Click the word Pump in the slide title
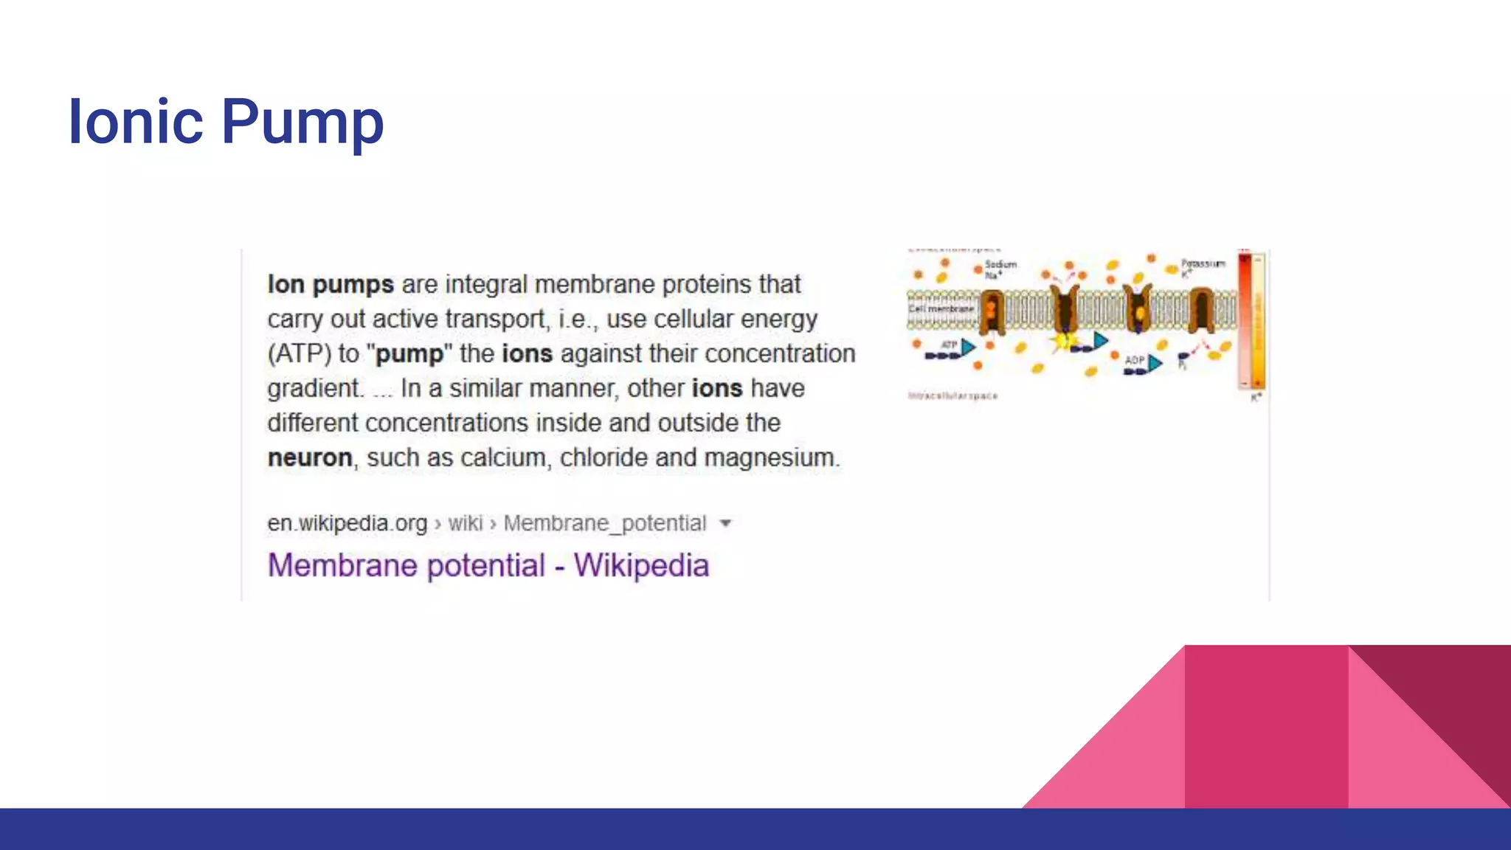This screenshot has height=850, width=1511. (x=302, y=122)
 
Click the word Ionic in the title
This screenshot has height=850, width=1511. (x=135, y=121)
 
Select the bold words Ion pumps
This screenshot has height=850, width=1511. (x=331, y=284)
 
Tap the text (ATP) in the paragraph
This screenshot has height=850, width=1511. (x=299, y=353)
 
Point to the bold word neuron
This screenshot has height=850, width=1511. (x=309, y=457)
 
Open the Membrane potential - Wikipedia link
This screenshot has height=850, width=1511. (x=488, y=566)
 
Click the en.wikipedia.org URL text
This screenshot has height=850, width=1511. (x=347, y=523)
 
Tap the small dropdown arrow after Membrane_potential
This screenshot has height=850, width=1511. (x=725, y=523)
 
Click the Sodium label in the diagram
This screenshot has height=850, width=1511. (x=1000, y=264)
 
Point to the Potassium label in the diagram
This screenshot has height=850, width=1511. (x=1203, y=263)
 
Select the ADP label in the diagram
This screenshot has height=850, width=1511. (x=1134, y=360)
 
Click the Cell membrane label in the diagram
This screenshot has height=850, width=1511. (x=941, y=308)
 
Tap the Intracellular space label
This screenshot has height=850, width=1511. (x=952, y=396)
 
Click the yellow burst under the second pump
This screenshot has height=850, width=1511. (x=1063, y=342)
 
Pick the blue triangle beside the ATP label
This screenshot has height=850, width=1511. (x=968, y=347)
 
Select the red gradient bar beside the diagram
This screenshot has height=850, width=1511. (x=1245, y=321)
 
